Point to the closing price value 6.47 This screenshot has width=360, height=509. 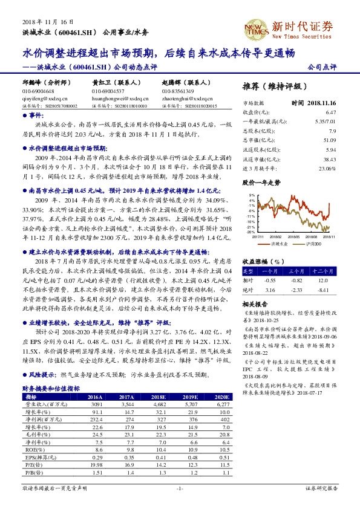click(x=330, y=112)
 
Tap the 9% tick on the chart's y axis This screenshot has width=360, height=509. click(x=250, y=195)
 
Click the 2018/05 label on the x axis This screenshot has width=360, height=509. click(x=295, y=237)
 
